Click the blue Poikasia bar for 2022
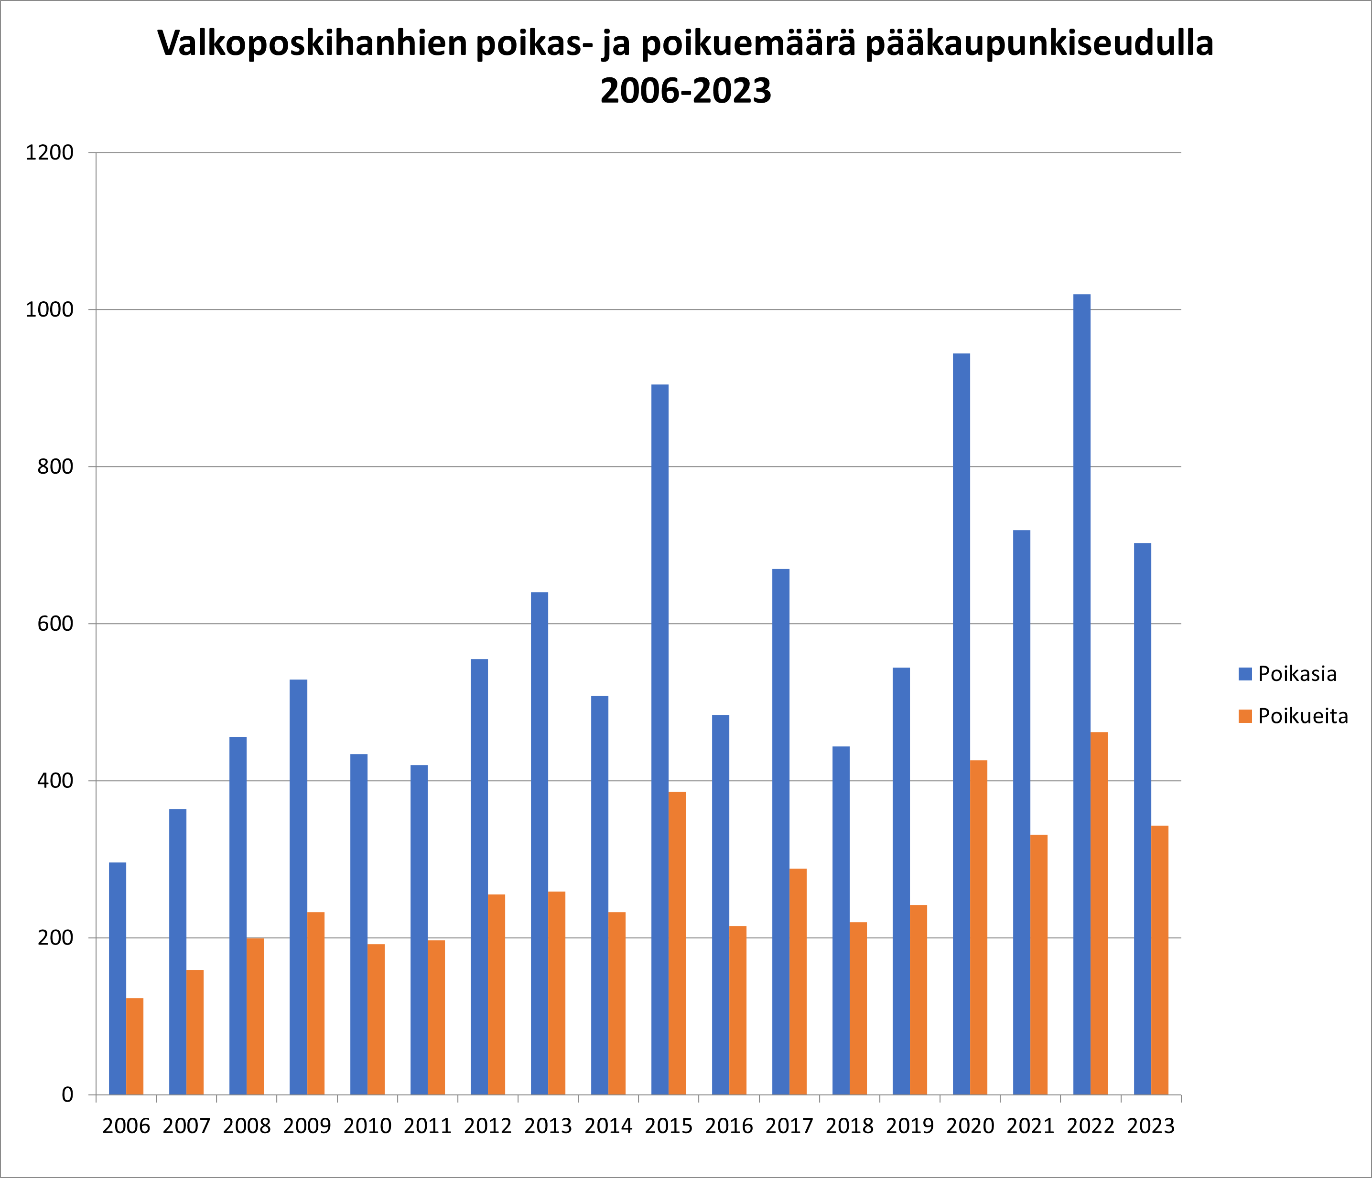tap(1081, 695)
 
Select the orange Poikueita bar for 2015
tap(677, 943)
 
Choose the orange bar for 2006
tap(134, 1047)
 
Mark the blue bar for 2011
tap(419, 930)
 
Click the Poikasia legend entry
tap(1296, 674)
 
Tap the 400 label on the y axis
tap(55, 781)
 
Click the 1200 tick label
tap(49, 153)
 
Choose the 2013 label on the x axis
tap(548, 1126)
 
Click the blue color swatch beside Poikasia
tap(1245, 674)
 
